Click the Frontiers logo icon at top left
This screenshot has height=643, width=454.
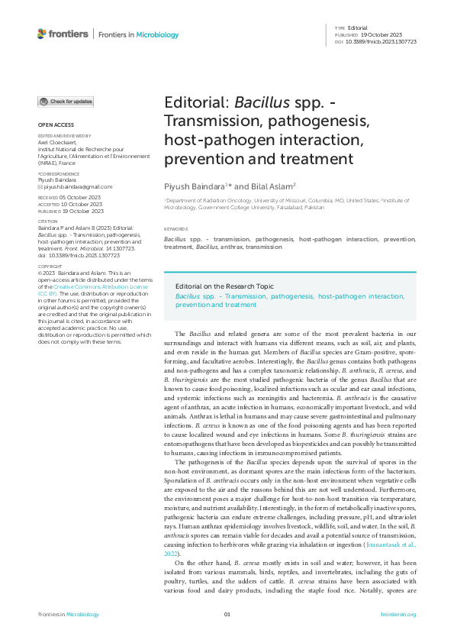pos(43,34)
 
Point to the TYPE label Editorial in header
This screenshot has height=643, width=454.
pos(357,27)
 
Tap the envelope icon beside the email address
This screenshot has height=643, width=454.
pos(40,186)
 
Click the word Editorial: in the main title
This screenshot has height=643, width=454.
pos(196,104)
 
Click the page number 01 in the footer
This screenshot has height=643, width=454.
pos(227,615)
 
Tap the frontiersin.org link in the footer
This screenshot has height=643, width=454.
pos(398,615)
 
